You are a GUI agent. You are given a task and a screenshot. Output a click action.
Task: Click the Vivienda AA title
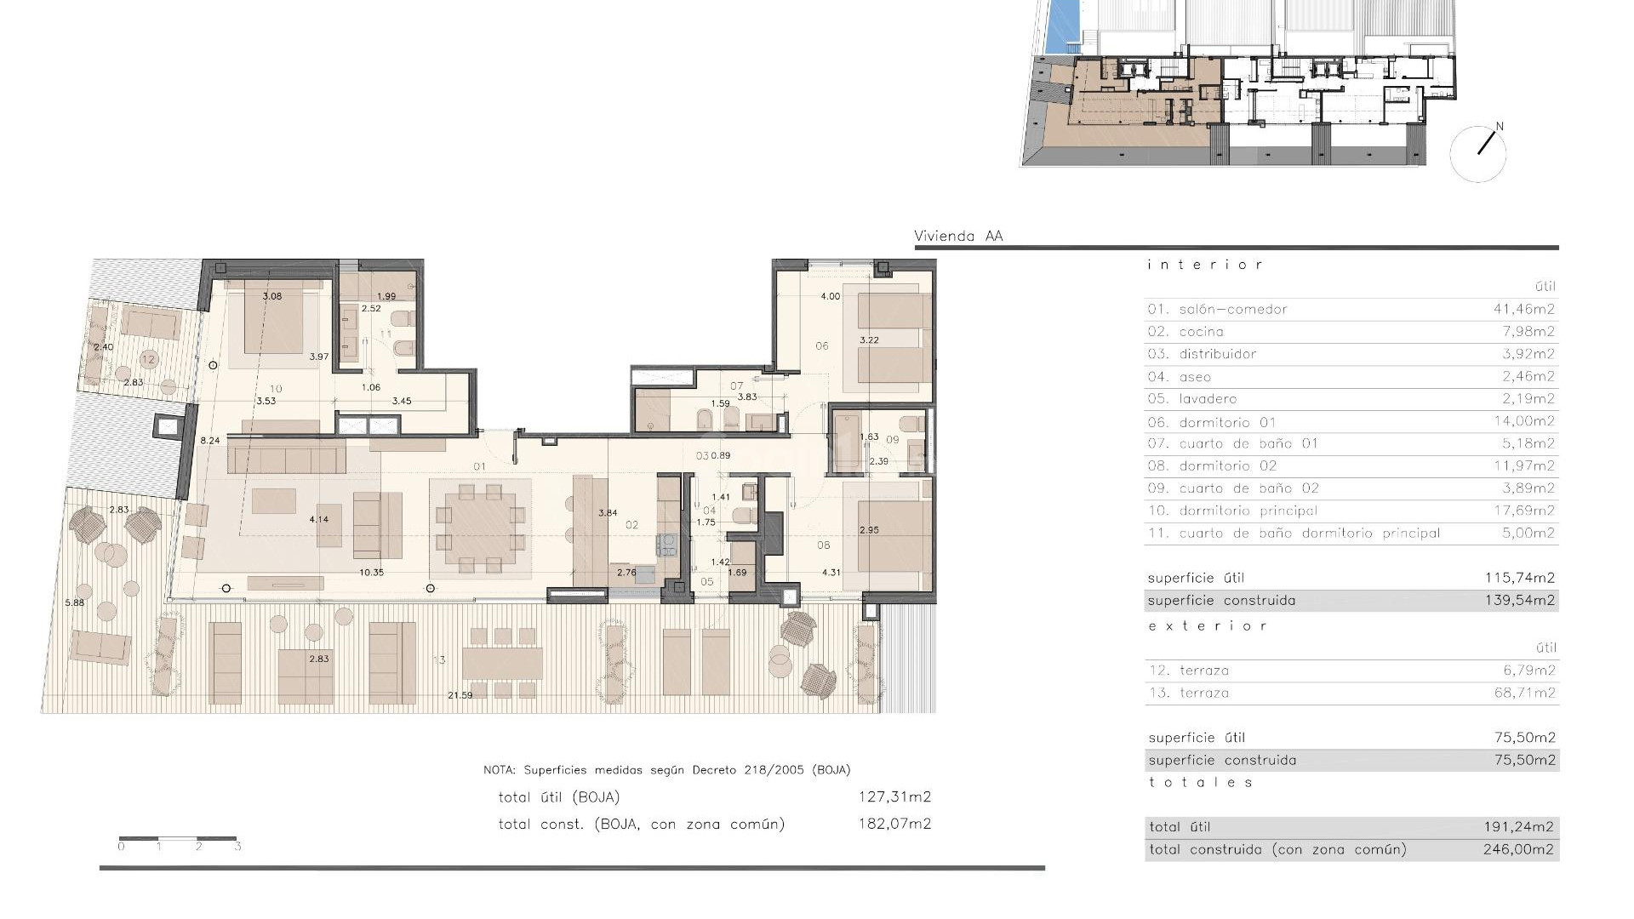click(958, 237)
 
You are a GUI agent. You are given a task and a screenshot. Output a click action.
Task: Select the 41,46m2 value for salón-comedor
click(1524, 309)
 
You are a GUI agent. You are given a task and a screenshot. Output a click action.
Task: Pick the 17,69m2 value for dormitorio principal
click(1524, 511)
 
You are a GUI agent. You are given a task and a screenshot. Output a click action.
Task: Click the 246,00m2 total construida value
click(1518, 849)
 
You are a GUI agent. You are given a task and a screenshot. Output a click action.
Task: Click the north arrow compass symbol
click(1478, 153)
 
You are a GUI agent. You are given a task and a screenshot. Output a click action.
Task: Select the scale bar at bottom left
click(178, 840)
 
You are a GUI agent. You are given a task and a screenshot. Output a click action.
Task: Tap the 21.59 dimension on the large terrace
click(460, 695)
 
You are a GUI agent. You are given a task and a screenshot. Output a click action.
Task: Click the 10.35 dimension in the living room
click(371, 573)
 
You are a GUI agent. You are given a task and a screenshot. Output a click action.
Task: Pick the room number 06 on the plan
click(821, 345)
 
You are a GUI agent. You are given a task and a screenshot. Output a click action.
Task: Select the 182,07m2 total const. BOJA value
click(894, 824)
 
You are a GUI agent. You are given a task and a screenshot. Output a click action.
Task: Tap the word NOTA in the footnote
click(500, 770)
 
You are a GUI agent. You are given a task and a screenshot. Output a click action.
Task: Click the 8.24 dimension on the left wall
click(209, 441)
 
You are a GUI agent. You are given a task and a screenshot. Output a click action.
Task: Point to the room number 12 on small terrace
click(149, 359)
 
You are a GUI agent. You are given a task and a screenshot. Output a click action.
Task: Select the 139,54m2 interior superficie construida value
click(1520, 601)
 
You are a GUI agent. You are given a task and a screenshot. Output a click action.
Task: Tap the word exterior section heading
click(1208, 626)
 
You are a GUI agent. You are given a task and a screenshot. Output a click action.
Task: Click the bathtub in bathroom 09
click(848, 442)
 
